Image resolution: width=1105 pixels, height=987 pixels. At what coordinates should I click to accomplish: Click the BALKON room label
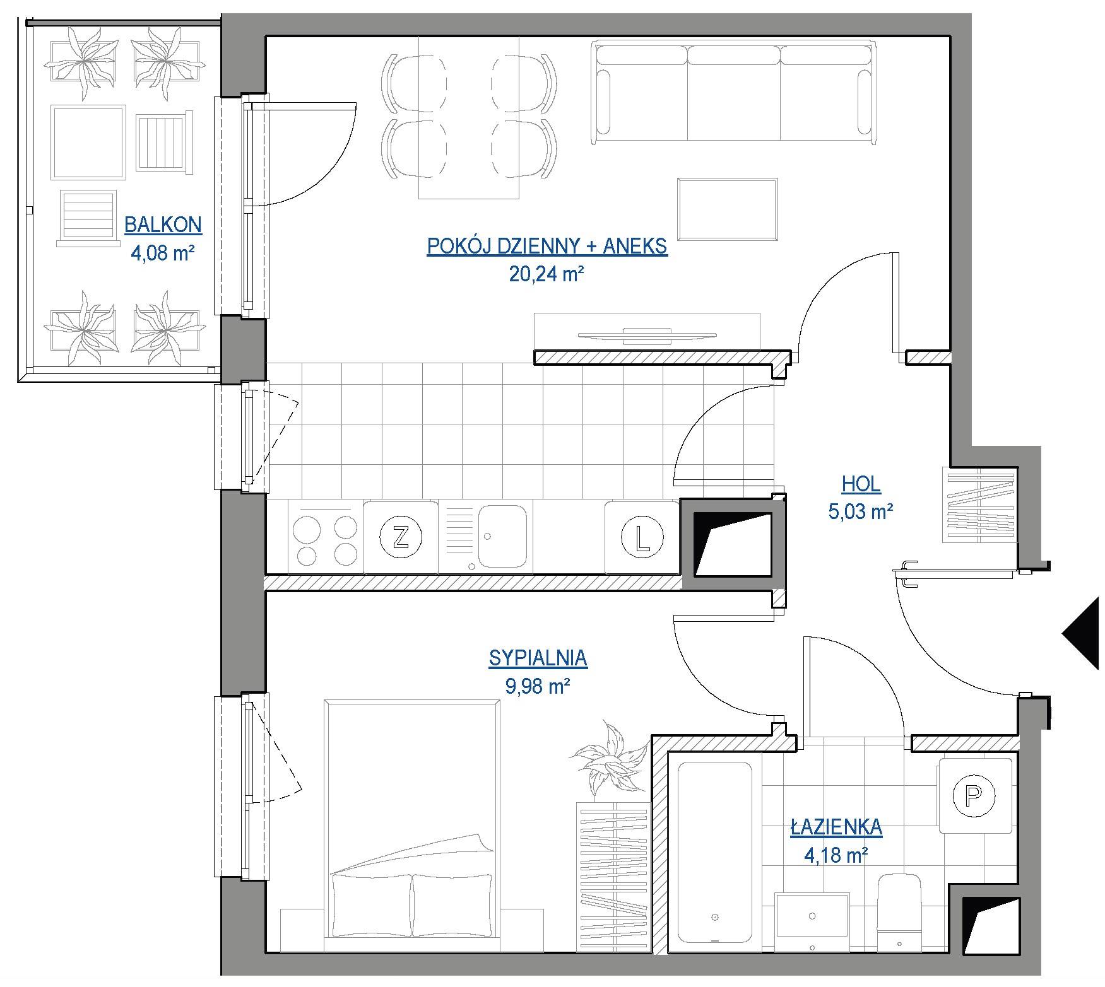click(163, 225)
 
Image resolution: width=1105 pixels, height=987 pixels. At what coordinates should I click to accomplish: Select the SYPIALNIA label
click(538, 658)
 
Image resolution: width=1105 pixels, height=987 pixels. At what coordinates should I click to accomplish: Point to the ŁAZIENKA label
click(836, 826)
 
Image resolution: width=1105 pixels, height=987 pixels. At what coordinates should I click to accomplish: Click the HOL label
click(861, 484)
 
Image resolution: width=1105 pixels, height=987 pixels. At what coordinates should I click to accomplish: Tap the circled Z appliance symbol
click(400, 538)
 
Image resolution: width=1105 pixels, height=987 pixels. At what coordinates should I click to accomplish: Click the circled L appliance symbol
click(642, 538)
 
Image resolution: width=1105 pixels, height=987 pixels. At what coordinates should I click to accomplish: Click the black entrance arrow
click(1084, 633)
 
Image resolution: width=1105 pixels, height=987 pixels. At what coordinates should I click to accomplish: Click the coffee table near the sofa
click(727, 210)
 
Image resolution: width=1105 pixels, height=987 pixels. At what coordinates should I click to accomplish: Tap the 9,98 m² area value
click(538, 686)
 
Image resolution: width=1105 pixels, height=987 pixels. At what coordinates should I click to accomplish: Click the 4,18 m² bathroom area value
click(836, 855)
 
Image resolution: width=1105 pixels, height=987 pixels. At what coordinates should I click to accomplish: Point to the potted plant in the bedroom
click(606, 756)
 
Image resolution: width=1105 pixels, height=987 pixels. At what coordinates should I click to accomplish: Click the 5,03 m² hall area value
click(861, 511)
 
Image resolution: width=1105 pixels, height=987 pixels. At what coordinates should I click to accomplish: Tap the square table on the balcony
click(88, 143)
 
